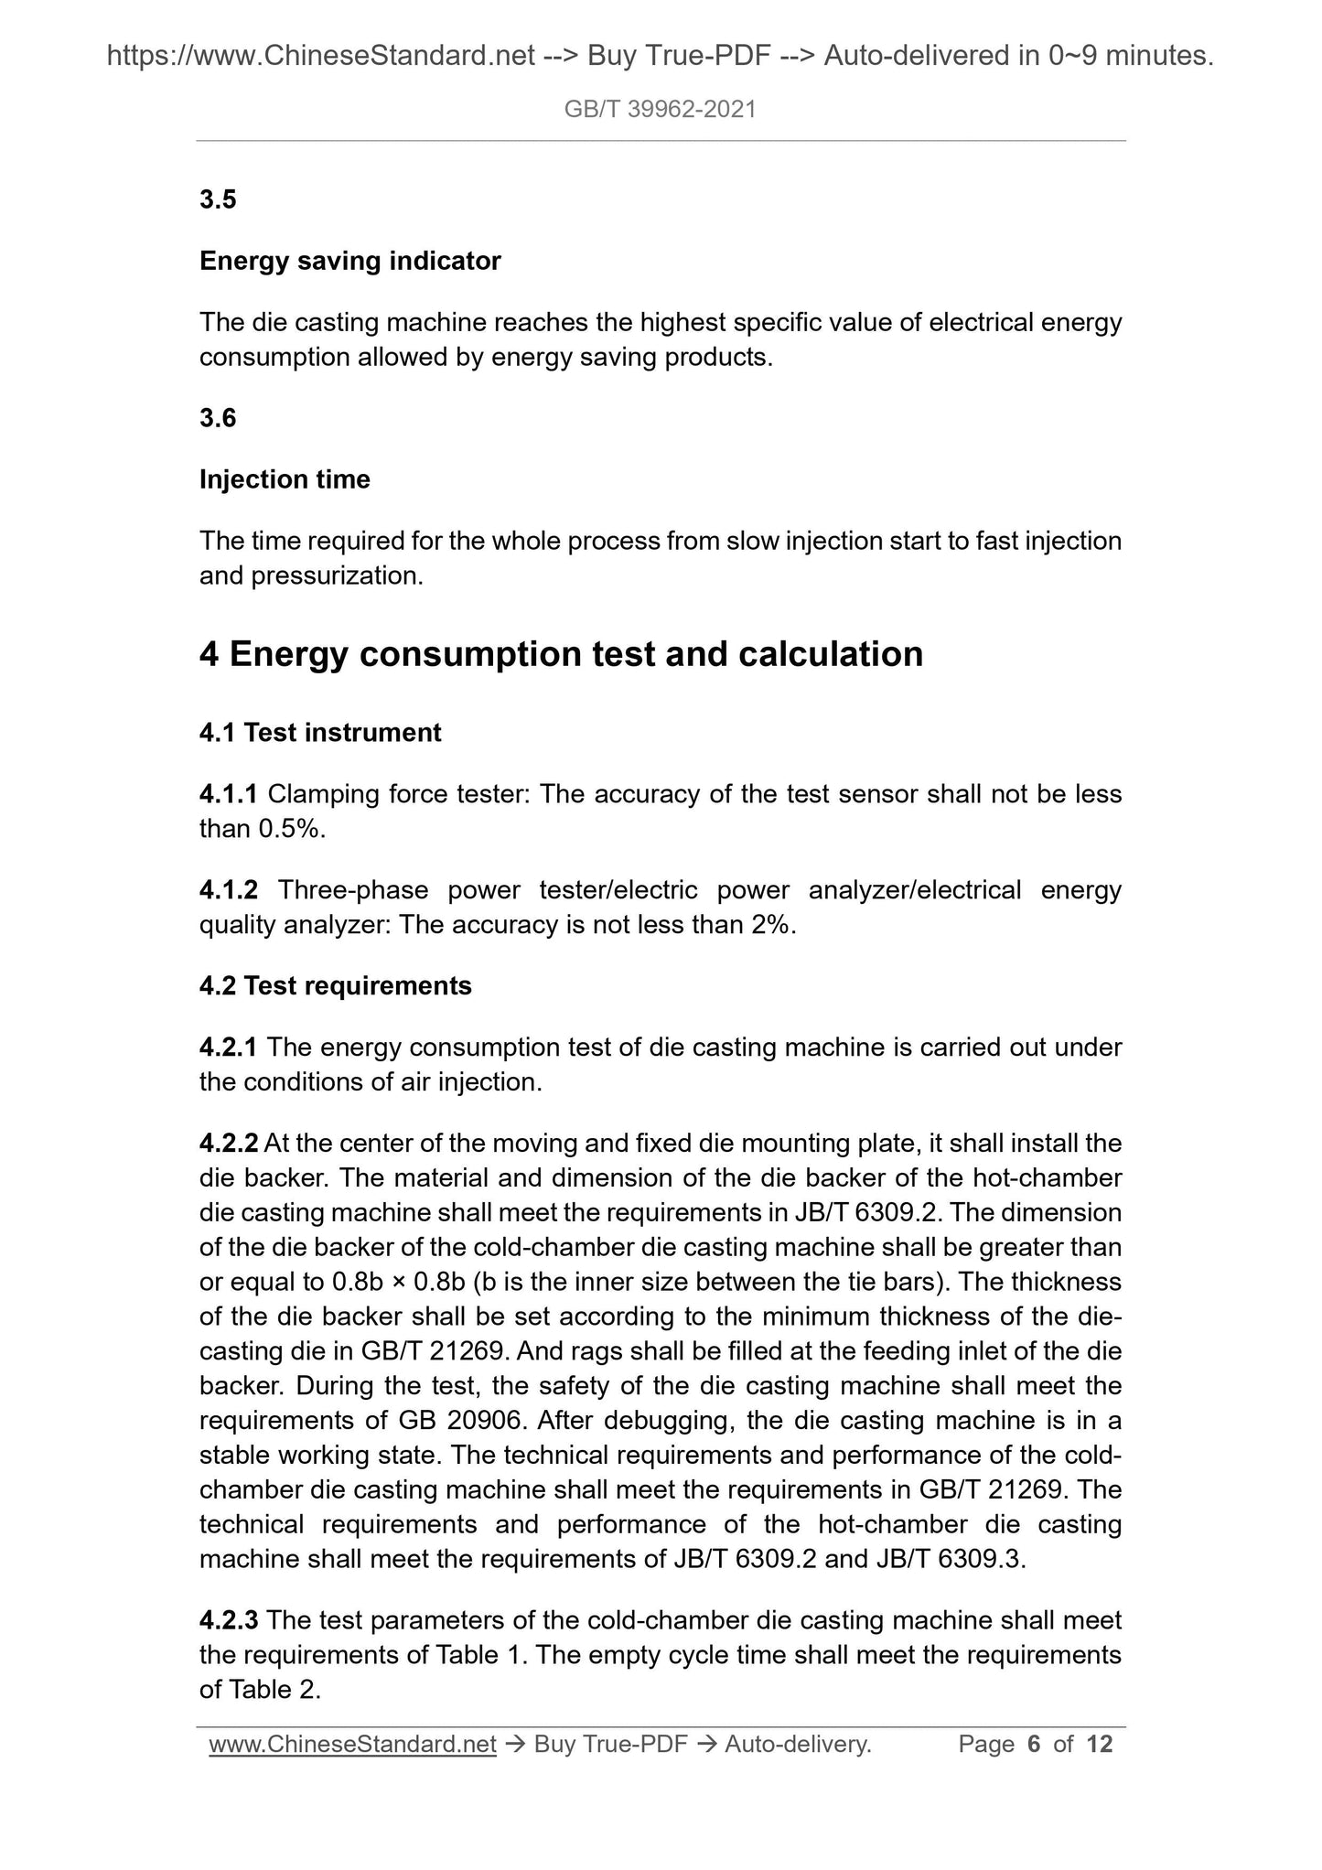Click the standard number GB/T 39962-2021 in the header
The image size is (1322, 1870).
click(660, 110)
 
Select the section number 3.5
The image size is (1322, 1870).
click(218, 199)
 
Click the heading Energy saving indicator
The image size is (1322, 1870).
click(349, 261)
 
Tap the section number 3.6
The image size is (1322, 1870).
click(218, 418)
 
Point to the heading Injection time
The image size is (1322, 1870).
click(285, 479)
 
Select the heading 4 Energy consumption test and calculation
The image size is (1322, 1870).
click(561, 654)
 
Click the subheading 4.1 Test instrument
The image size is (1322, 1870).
click(320, 733)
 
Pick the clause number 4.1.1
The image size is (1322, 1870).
click(229, 794)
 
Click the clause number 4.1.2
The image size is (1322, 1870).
click(229, 890)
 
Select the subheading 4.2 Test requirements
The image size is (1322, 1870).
click(335, 986)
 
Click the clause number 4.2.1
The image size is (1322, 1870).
click(229, 1048)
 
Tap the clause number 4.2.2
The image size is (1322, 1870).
click(229, 1144)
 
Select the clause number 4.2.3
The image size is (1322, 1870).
click(229, 1621)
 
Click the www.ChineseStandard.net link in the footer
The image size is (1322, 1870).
click(352, 1745)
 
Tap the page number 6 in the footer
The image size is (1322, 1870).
click(1034, 1745)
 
